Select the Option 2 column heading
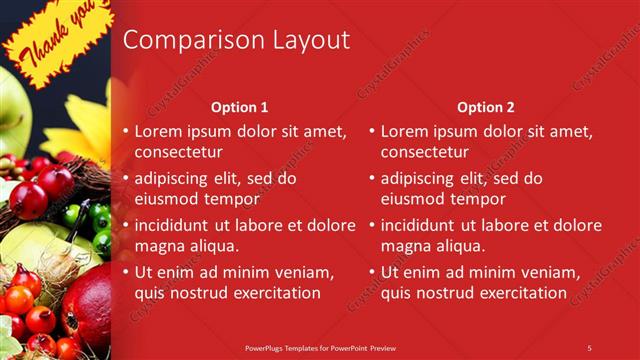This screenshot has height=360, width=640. pos(485,106)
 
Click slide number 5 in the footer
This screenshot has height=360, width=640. pos(589,347)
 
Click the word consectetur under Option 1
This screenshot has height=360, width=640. pos(178,152)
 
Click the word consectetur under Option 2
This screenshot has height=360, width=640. pos(424,152)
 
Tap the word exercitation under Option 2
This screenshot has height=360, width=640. pos(518,293)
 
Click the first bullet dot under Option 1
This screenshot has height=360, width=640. pos(125,132)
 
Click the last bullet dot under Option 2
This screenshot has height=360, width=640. pos(371,272)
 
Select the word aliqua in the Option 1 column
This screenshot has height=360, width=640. pos(207,245)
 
